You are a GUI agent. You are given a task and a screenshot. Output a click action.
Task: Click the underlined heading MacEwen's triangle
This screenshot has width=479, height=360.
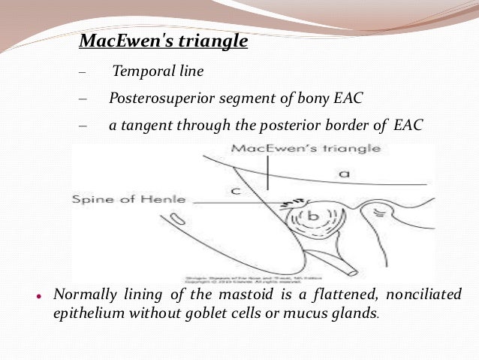point(164,41)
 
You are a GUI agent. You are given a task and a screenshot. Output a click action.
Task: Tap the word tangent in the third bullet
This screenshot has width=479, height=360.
point(145,124)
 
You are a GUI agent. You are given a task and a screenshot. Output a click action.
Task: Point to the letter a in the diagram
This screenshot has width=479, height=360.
point(343,174)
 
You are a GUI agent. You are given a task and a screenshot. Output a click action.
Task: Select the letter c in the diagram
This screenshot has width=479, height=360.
point(234,191)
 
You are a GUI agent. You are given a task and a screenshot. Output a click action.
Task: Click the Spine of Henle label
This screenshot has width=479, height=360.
point(128,201)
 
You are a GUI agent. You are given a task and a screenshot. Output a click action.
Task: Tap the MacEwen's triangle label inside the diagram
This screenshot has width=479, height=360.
point(306,148)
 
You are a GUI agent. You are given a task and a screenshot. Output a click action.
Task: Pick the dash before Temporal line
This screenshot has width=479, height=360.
point(82,74)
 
